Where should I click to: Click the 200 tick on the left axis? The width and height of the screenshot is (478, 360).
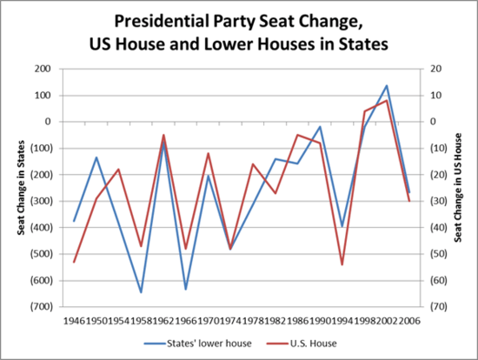[42, 69]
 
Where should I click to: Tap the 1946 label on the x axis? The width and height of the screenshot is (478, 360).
[74, 319]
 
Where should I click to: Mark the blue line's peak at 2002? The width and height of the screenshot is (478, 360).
[387, 85]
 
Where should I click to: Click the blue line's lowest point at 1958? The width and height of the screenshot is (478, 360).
[141, 292]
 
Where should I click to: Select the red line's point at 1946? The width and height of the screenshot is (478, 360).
[74, 262]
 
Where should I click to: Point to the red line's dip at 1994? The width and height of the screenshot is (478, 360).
[342, 264]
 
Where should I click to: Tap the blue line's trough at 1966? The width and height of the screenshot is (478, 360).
[186, 289]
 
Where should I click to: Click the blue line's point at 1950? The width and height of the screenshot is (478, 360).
[96, 157]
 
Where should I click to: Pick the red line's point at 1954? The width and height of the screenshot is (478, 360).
[118, 170]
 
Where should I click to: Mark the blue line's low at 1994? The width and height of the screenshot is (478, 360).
[342, 226]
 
